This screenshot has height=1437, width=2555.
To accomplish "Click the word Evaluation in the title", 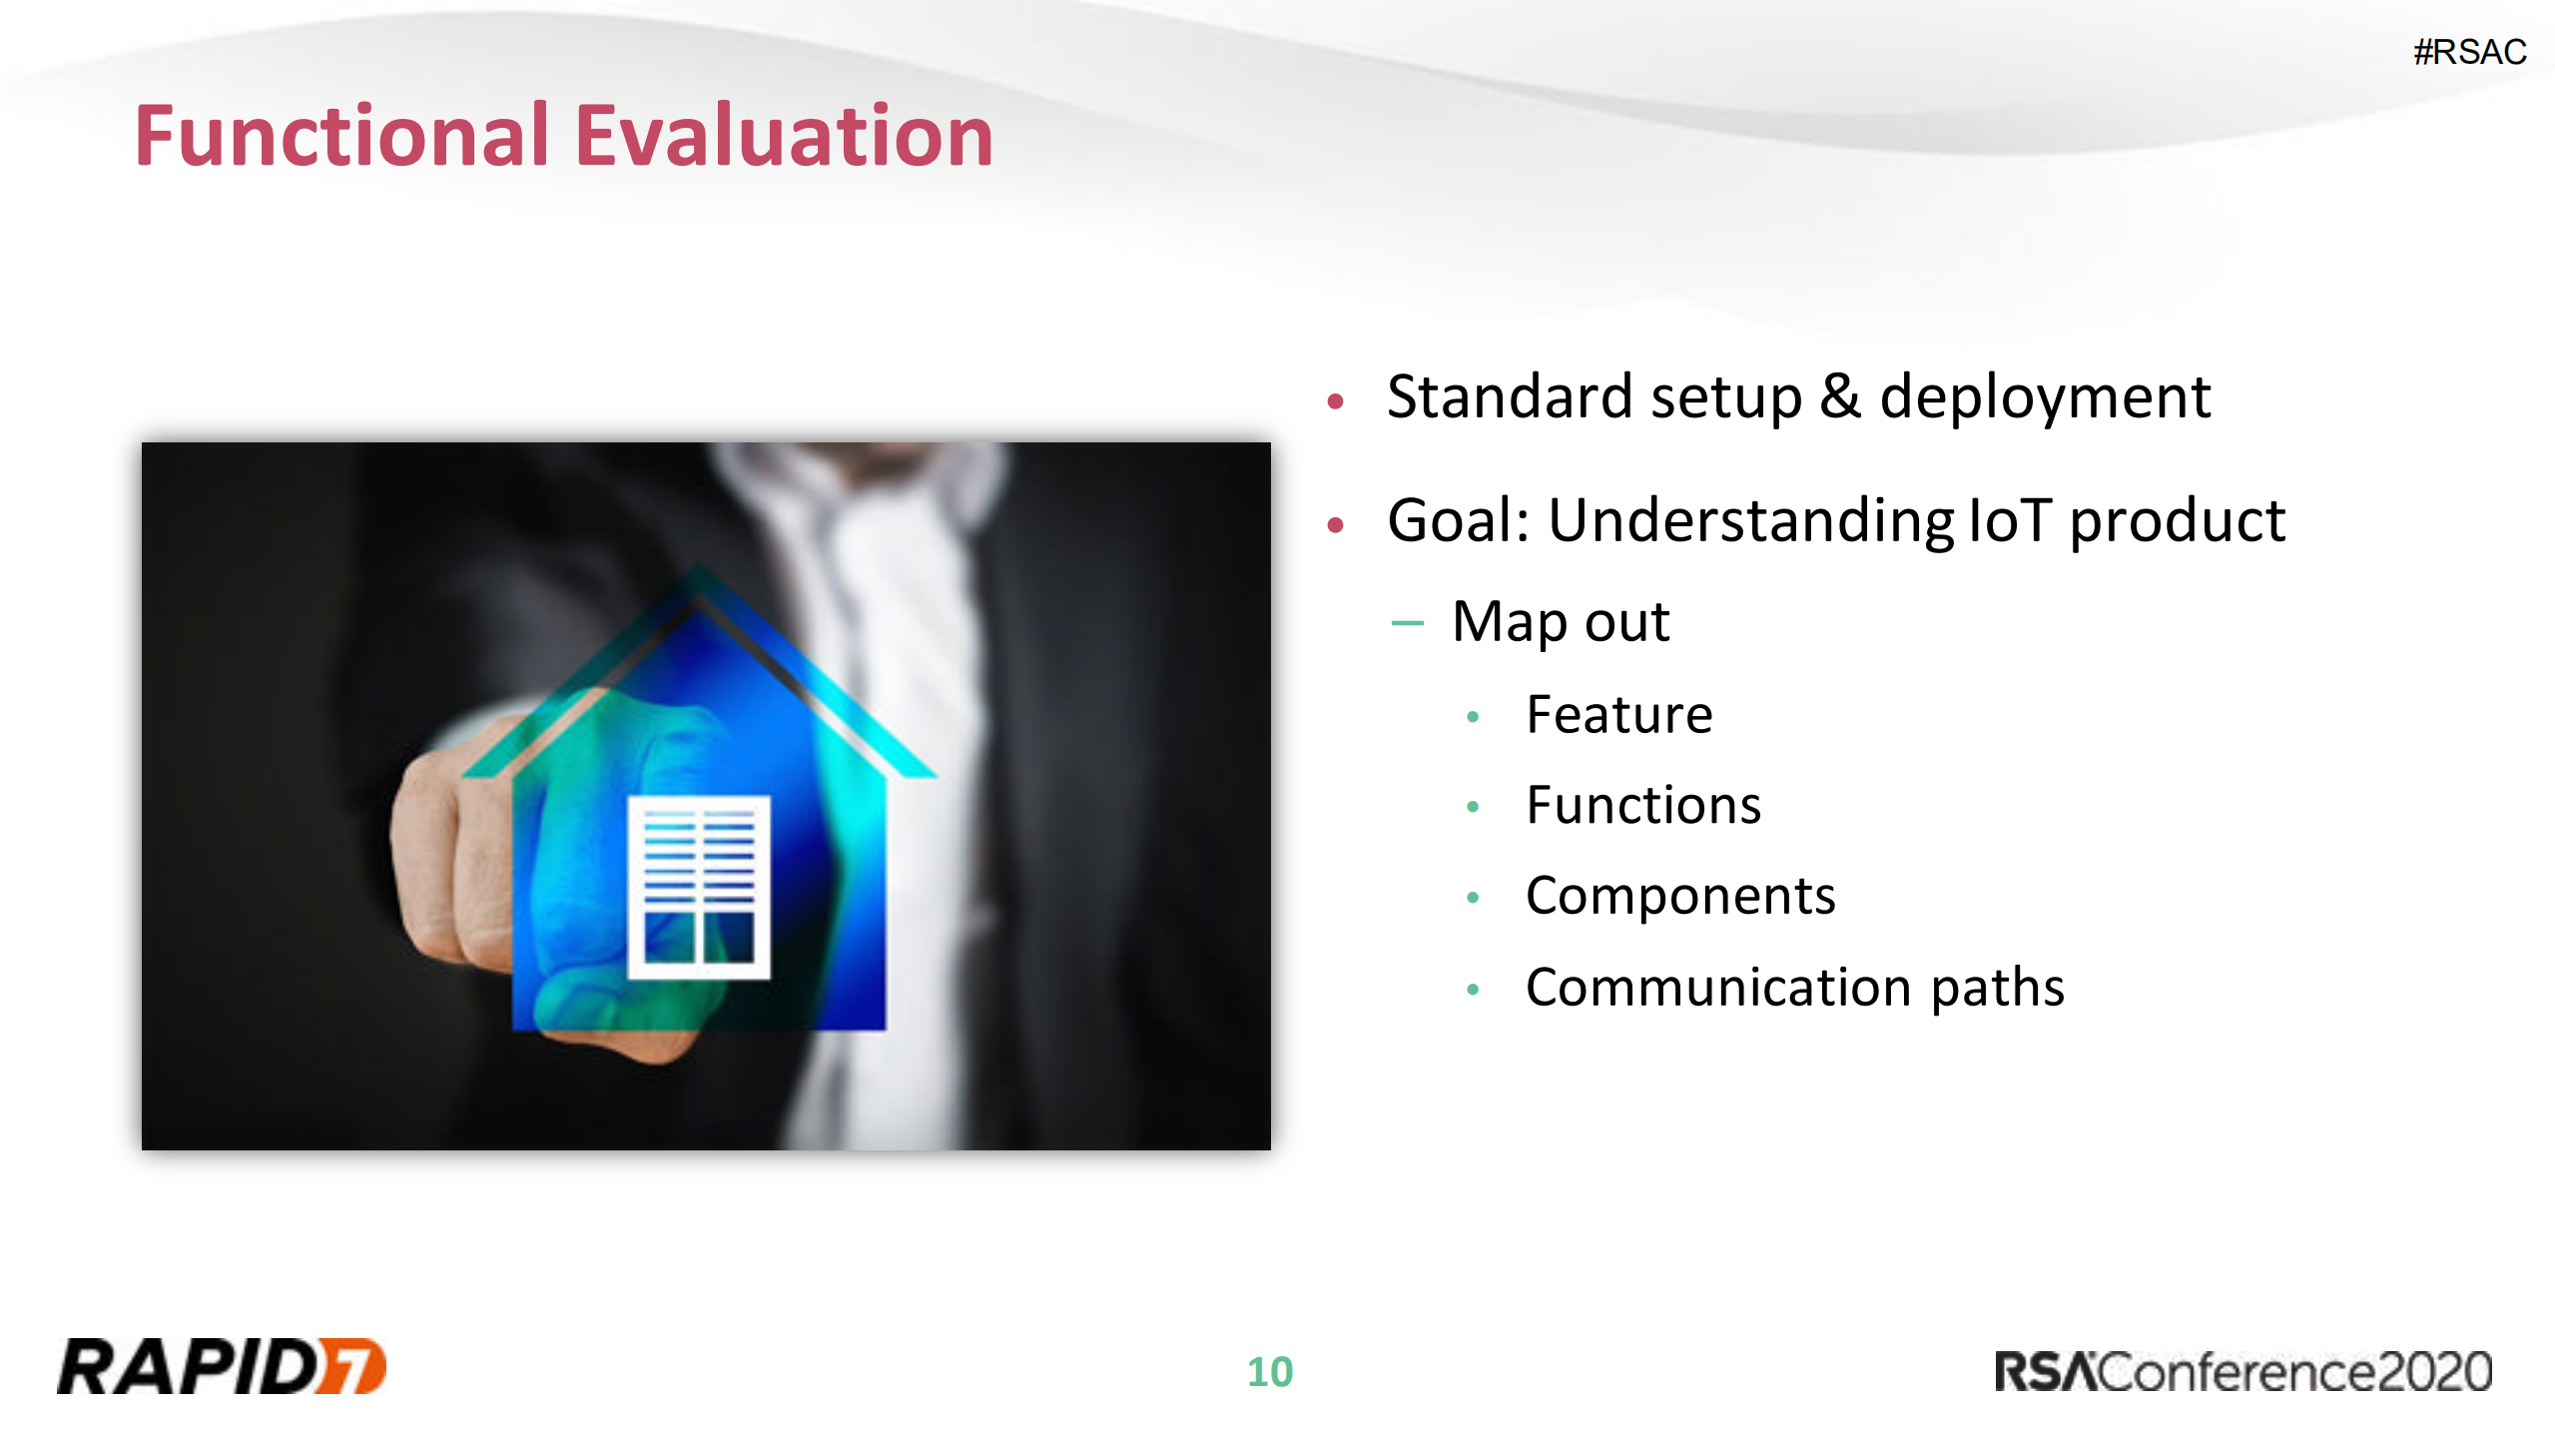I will pyautogui.click(x=784, y=136).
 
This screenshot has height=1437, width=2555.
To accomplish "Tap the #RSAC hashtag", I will pyautogui.click(x=2469, y=52).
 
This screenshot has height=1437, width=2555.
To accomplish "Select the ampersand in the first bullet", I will pyautogui.click(x=1839, y=396).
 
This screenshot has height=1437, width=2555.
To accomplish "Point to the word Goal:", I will pyautogui.click(x=1459, y=520).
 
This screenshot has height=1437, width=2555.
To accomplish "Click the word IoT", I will pyautogui.click(x=2008, y=520).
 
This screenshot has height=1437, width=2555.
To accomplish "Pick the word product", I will pyautogui.click(x=2177, y=522).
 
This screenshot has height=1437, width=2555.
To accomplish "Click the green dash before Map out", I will pyautogui.click(x=1407, y=623).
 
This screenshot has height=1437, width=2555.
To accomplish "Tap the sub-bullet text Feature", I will pyautogui.click(x=1618, y=715).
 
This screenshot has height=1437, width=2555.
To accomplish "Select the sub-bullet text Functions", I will pyautogui.click(x=1643, y=805).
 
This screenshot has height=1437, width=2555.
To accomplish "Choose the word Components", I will pyautogui.click(x=1680, y=896).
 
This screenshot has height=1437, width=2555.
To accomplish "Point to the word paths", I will pyautogui.click(x=1997, y=988).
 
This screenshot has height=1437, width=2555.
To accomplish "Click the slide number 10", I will pyautogui.click(x=1270, y=1372).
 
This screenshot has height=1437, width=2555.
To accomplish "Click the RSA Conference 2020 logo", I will pyautogui.click(x=2242, y=1371).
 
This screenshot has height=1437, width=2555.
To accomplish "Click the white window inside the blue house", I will pyautogui.click(x=698, y=887).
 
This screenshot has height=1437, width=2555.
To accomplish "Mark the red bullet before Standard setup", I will pyautogui.click(x=1336, y=401).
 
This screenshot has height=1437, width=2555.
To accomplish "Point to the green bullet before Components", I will pyautogui.click(x=1472, y=898).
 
